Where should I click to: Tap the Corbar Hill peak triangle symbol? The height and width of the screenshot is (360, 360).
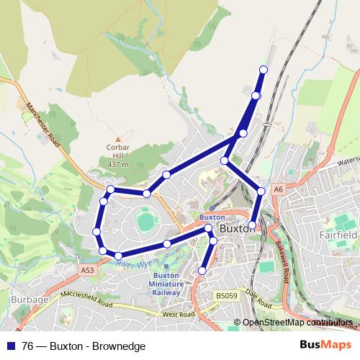coord(117,139)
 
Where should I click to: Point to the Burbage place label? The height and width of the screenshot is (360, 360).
coord(29,300)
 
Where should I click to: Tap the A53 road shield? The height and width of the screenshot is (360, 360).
coord(87,270)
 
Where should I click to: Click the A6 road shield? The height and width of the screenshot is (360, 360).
coord(279,189)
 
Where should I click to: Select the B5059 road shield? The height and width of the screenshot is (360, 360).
coord(226,295)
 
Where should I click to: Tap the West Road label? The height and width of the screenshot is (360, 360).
coord(179,315)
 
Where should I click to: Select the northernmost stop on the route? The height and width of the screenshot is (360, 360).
coord(263,69)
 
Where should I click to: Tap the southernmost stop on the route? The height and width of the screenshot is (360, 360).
coord(202,271)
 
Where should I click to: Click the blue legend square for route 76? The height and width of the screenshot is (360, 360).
coord(9,346)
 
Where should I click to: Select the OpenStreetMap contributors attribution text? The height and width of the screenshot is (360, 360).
coord(294,323)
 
